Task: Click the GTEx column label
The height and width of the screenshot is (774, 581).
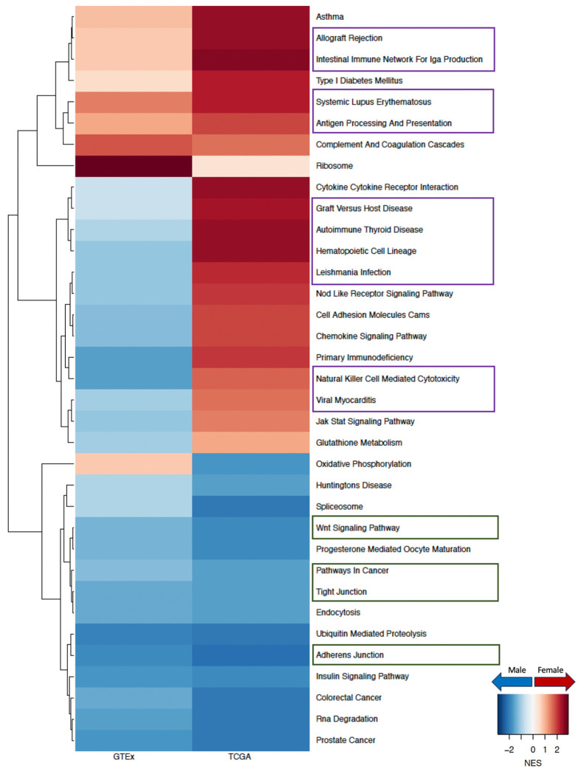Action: pos(133,758)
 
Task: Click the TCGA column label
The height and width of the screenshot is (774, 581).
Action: pos(250,758)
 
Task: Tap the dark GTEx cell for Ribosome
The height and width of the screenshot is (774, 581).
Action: pos(133,165)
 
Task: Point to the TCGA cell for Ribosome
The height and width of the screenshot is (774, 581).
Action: pos(250,165)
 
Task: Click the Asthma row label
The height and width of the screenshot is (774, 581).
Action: pos(330,15)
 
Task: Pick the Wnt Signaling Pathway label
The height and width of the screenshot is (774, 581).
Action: pos(358,528)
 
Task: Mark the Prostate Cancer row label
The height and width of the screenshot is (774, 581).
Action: pos(346,740)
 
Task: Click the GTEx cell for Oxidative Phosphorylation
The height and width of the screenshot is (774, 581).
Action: pos(133,464)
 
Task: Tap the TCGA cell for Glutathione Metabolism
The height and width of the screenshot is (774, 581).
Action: pos(250,443)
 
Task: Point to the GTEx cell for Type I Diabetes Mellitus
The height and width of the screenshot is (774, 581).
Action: pos(133,80)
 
